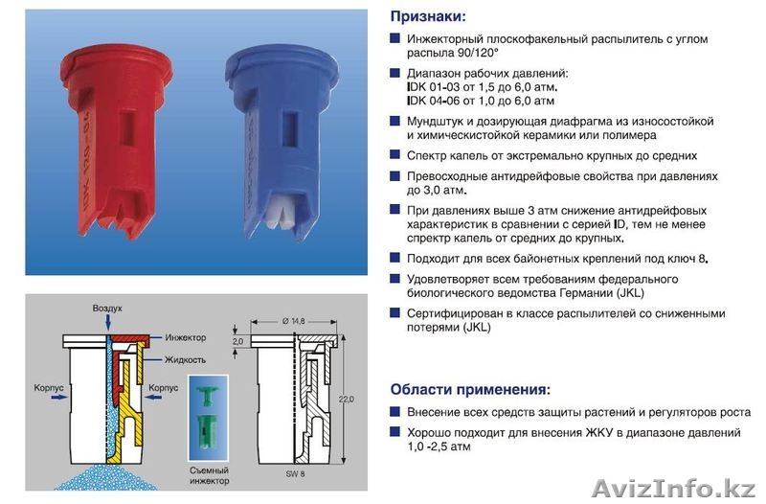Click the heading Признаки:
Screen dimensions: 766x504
(428, 16)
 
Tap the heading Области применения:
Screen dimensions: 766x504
(470, 390)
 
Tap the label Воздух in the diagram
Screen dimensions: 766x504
(107, 309)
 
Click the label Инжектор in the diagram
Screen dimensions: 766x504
(185, 337)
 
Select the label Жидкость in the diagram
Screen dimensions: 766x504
(185, 359)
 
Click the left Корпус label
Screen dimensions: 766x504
(49, 388)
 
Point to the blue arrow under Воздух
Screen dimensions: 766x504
(107, 322)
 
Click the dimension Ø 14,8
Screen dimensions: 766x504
(294, 321)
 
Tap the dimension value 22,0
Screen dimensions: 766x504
(347, 400)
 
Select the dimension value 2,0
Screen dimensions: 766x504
(237, 341)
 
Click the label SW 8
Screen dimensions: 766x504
(295, 473)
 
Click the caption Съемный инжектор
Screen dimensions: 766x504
(209, 475)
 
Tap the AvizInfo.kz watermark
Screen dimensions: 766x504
(674, 488)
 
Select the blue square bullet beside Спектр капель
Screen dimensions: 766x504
(394, 155)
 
